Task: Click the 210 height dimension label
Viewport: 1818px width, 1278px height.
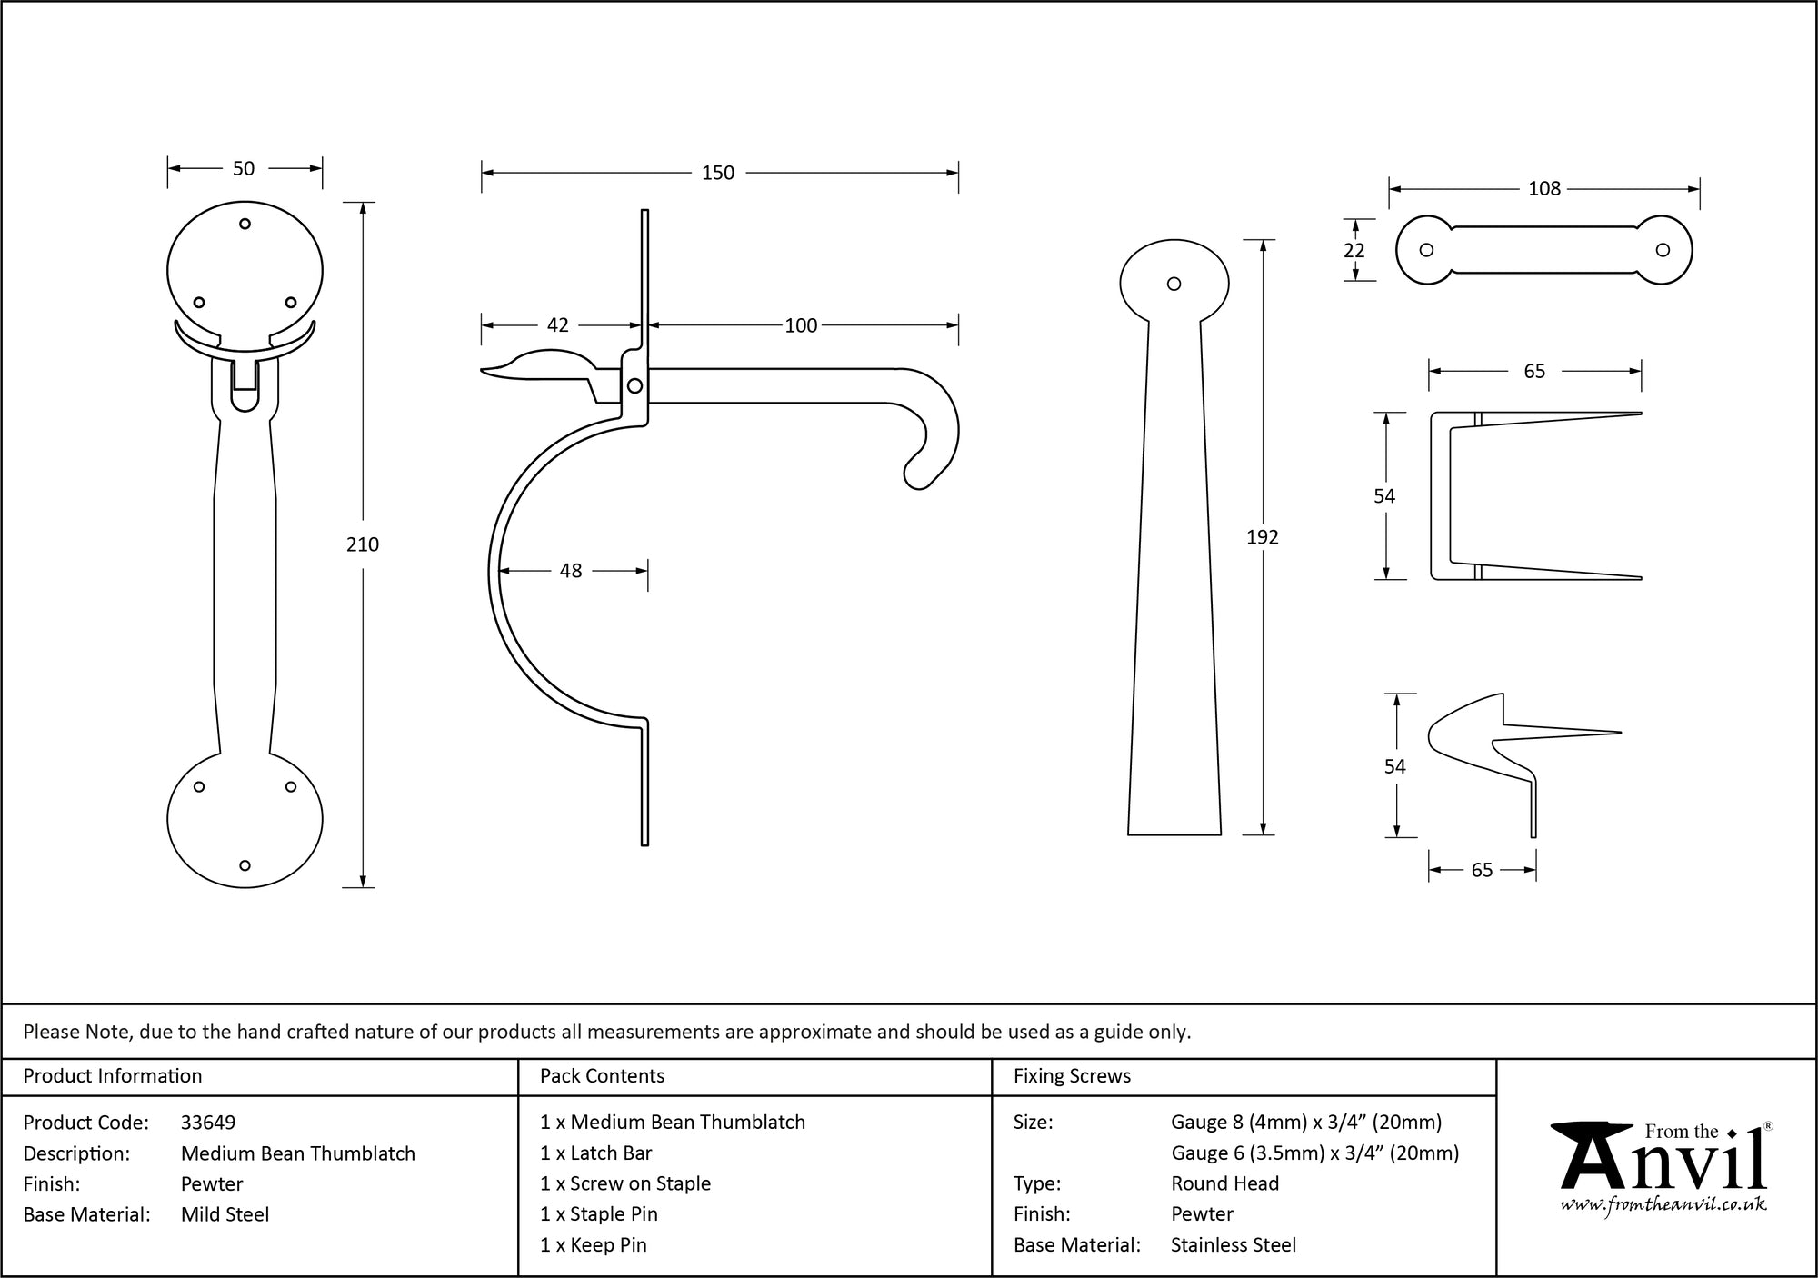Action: coord(363,544)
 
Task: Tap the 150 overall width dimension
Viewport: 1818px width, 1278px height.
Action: coord(718,173)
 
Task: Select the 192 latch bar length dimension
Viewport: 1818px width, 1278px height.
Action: coord(1263,537)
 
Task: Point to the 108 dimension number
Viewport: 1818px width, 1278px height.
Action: coord(1544,188)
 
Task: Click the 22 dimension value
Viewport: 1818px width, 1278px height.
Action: coord(1354,250)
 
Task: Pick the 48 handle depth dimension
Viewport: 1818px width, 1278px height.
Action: coord(571,571)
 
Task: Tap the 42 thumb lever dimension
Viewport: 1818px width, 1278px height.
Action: coord(558,325)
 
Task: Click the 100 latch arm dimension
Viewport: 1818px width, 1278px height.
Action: coord(801,325)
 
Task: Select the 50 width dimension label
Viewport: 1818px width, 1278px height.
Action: coord(244,168)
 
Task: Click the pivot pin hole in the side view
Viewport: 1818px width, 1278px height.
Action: coord(635,386)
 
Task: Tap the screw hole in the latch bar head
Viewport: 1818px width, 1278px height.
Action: coord(1174,284)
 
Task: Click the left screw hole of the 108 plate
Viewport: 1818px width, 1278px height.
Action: coord(1426,250)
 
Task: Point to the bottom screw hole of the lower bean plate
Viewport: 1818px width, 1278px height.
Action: coord(245,865)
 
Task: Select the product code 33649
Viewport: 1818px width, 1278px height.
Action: coord(208,1123)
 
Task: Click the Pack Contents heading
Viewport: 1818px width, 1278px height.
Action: coord(602,1076)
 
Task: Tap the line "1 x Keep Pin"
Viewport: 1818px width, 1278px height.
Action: coord(593,1245)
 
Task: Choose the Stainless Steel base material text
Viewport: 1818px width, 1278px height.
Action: coord(1233,1245)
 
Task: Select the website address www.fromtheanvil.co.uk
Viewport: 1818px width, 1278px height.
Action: coord(1663,1205)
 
